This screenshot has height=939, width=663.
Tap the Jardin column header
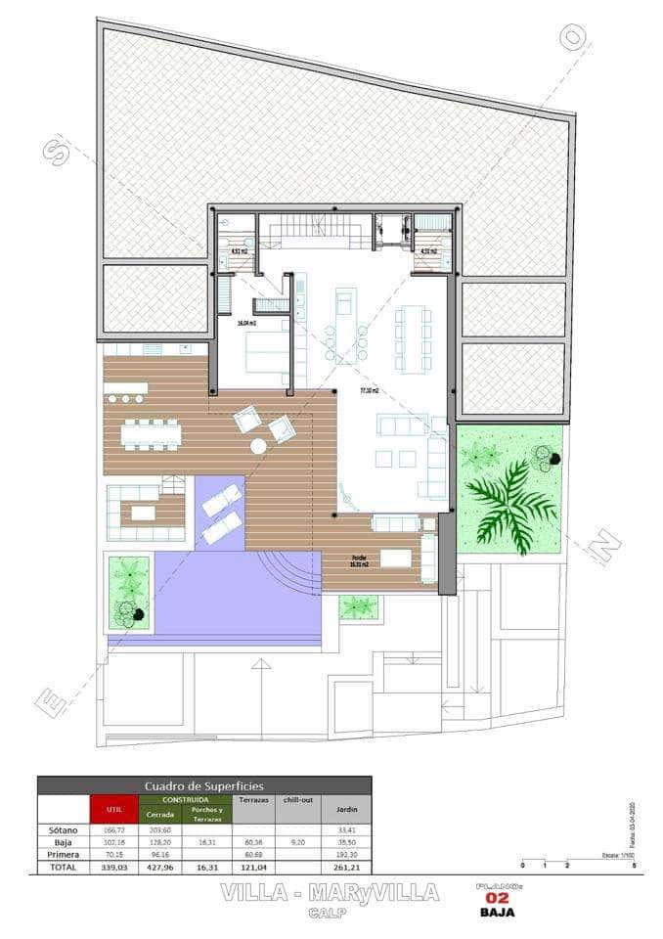tap(346, 809)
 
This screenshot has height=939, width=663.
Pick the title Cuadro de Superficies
tap(203, 785)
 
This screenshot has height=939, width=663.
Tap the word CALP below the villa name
tap(331, 913)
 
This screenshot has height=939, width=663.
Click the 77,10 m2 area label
tap(370, 390)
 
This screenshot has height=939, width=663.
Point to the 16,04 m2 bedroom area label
tap(246, 322)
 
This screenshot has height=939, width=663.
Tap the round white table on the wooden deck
tap(258, 446)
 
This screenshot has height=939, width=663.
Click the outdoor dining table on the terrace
tap(152, 434)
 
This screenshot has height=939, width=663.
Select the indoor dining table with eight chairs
tap(414, 336)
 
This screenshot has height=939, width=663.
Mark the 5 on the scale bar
tap(634, 865)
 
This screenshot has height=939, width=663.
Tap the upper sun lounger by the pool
tap(221, 498)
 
